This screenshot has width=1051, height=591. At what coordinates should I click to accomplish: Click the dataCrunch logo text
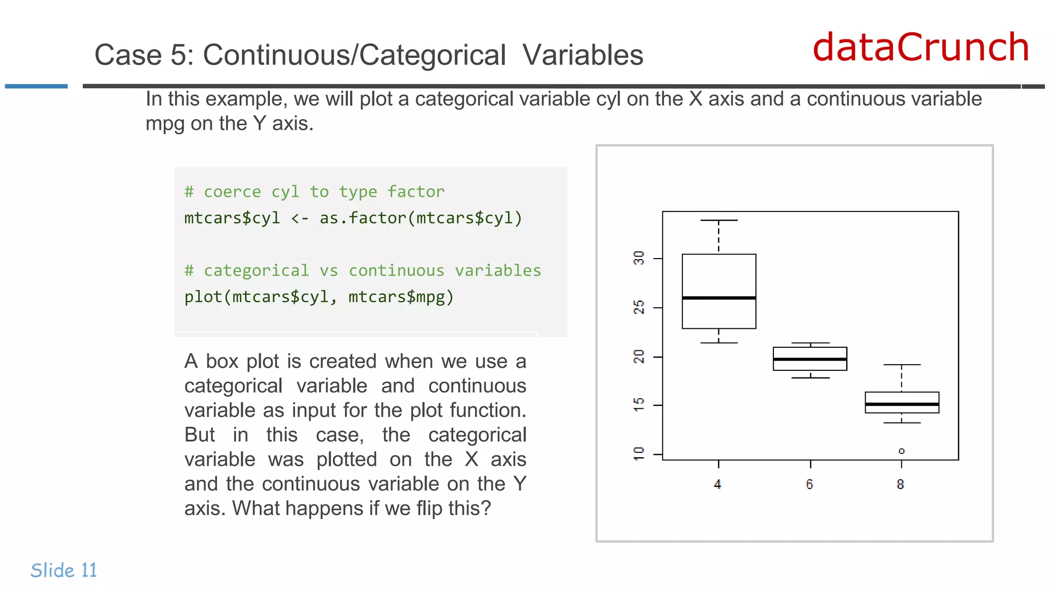click(x=921, y=47)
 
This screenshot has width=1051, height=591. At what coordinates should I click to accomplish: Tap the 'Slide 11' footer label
click(x=64, y=570)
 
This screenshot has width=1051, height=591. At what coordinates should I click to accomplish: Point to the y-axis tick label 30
click(x=638, y=258)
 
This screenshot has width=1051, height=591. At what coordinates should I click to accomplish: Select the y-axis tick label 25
click(x=638, y=307)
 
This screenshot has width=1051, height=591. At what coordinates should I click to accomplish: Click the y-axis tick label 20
click(x=638, y=357)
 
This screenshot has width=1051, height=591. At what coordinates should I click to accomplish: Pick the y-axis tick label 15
click(x=638, y=405)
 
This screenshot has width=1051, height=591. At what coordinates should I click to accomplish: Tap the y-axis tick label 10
click(x=638, y=454)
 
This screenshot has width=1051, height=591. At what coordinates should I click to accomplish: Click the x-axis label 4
click(x=717, y=484)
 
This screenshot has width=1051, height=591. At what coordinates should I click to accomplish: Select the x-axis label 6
click(x=809, y=484)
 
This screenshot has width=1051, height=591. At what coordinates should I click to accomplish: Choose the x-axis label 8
click(x=900, y=484)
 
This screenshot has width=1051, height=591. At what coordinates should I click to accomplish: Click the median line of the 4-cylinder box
click(x=719, y=298)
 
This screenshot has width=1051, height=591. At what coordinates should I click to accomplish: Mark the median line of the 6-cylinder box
click(x=810, y=359)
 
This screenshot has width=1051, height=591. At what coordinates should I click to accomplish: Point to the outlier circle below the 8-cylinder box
click(x=902, y=451)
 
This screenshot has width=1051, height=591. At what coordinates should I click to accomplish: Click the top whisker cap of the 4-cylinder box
click(x=719, y=220)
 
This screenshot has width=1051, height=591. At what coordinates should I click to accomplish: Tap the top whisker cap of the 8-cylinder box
click(x=902, y=365)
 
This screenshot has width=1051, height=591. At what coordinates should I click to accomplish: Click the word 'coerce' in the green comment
click(x=232, y=192)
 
